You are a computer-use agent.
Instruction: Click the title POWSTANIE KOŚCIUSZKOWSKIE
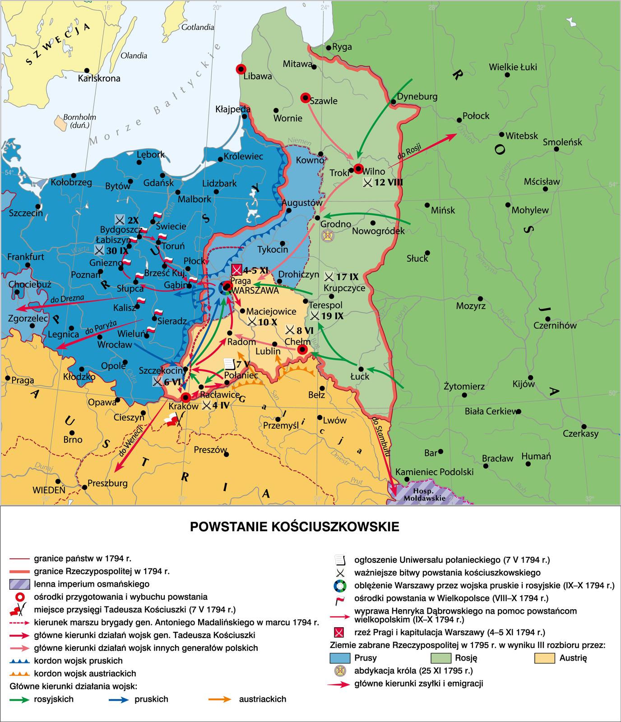[294, 527]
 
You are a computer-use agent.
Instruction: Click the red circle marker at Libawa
[241, 69]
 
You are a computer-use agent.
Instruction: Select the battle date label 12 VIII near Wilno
[388, 182]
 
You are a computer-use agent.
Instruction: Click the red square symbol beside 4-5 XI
[236, 270]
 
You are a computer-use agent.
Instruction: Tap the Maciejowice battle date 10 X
[267, 322]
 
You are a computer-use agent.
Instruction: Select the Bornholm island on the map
[60, 123]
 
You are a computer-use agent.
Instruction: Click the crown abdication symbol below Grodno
[328, 235]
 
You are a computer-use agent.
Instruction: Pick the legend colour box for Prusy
[340, 658]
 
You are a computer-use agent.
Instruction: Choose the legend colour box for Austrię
[544, 658]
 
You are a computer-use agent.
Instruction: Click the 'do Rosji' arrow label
[409, 151]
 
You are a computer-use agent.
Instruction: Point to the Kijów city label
[524, 384]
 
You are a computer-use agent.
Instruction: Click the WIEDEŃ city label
[49, 490]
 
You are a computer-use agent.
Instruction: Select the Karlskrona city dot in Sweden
[87, 71]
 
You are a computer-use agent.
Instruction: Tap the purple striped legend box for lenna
[19, 584]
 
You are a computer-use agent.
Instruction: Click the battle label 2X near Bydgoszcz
[133, 220]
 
